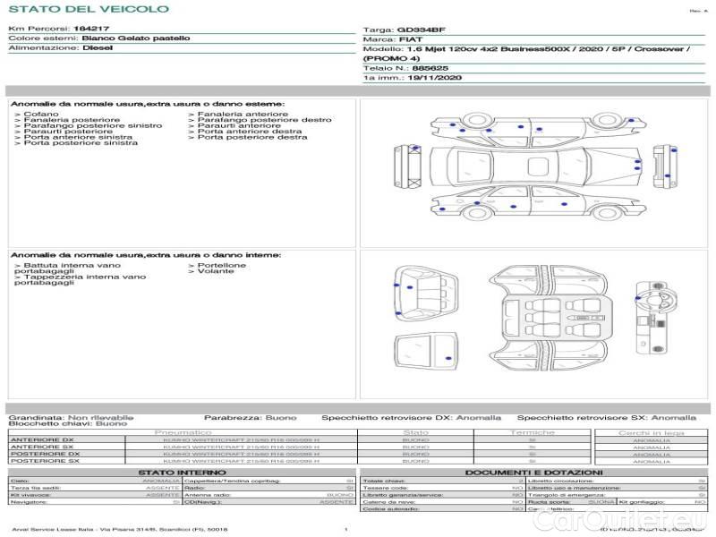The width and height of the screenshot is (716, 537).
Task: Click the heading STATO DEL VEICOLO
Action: pos(88,9)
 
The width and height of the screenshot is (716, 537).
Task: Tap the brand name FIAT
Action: pos(411,39)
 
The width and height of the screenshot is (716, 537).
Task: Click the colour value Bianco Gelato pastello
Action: pos(135,39)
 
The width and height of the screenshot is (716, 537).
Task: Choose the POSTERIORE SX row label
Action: pos(42,461)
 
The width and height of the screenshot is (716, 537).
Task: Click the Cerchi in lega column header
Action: pos(651,432)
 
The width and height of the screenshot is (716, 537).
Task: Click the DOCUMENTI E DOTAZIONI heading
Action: pos(533,473)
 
